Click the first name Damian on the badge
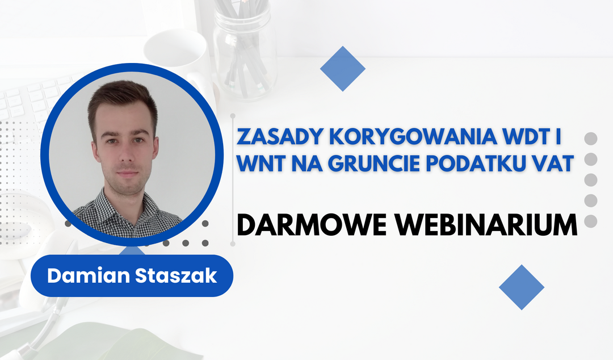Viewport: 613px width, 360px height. pyautogui.click(x=89, y=275)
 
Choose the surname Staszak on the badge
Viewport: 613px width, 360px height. pyautogui.click(x=176, y=275)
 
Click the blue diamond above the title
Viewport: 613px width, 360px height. pyautogui.click(x=342, y=69)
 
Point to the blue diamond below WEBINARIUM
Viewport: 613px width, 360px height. pyautogui.click(x=522, y=287)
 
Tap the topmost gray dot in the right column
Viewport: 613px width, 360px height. pyautogui.click(x=591, y=139)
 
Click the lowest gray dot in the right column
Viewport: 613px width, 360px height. pyautogui.click(x=591, y=221)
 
